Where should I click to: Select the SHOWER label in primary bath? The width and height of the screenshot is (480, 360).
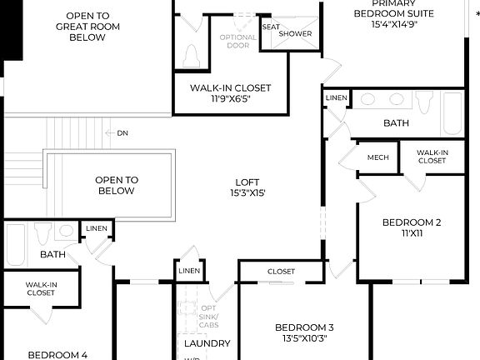(295, 33)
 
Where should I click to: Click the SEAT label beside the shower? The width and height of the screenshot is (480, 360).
(271, 27)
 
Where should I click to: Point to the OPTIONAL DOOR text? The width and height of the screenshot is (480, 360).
(238, 42)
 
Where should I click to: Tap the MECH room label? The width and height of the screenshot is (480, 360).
(378, 157)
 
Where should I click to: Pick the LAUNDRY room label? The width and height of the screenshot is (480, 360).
(207, 343)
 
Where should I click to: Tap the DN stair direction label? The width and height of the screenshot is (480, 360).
(122, 133)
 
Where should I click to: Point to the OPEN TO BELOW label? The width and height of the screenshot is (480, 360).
(116, 185)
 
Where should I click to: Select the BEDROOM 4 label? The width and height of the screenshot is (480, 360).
(57, 355)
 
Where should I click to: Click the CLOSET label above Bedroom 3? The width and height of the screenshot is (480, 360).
(281, 272)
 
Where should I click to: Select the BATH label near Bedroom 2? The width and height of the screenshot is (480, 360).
(396, 123)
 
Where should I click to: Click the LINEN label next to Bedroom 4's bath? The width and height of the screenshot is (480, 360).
(96, 228)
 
